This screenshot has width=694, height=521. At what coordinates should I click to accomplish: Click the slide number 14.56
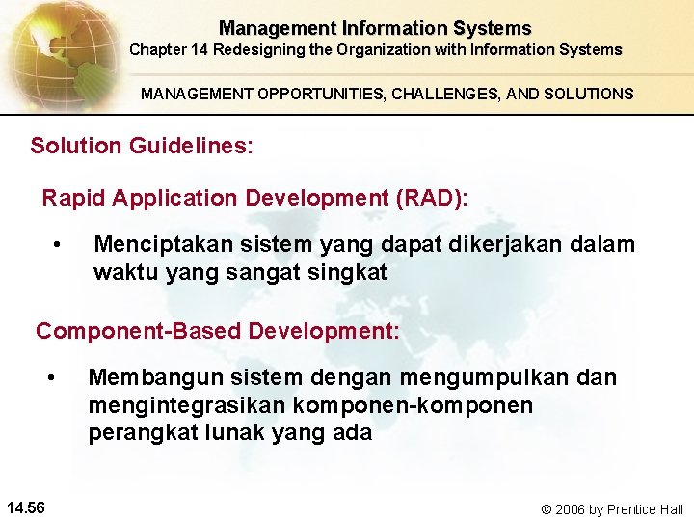(x=31, y=507)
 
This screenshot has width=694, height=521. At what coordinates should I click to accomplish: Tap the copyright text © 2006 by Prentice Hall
(x=611, y=508)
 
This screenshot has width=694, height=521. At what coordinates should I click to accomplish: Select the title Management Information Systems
(x=375, y=28)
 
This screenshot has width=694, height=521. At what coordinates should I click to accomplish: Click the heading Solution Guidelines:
(x=142, y=147)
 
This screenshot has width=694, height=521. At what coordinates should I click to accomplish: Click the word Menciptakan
(x=160, y=244)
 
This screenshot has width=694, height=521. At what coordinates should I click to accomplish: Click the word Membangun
(x=147, y=377)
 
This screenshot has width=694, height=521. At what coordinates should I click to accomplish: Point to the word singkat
(x=346, y=272)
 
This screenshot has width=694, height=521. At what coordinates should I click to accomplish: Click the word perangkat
(x=143, y=433)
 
